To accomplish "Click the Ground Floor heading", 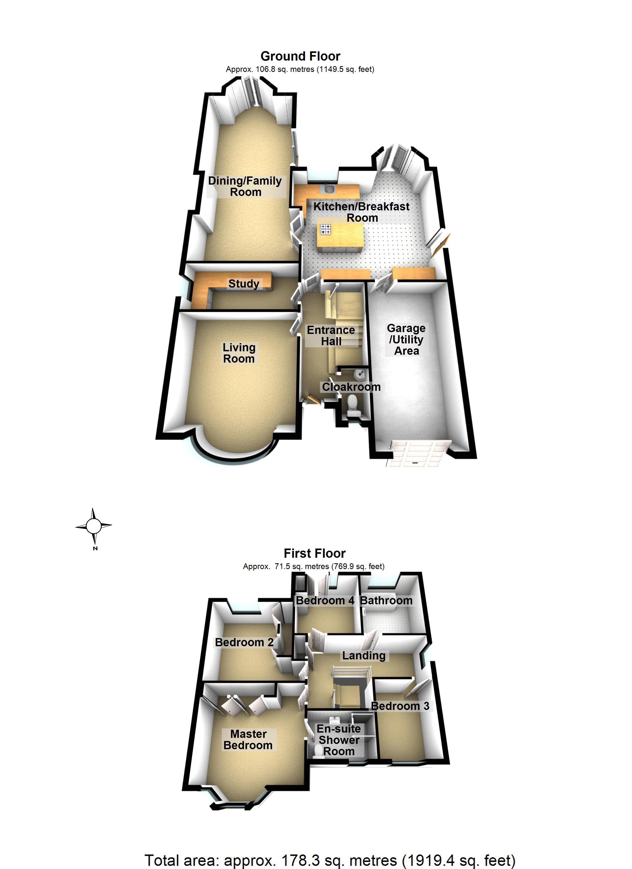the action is coord(300,56).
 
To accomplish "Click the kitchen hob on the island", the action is coord(326,229).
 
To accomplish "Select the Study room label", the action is coord(244,284).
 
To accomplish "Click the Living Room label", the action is coord(239,353).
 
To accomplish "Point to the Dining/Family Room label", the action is coord(245,186).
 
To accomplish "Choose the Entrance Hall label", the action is coord(331,336).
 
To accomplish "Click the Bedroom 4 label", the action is coord(325,600).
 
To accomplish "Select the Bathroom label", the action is coord(386,600).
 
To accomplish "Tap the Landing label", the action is coord(364,656).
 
